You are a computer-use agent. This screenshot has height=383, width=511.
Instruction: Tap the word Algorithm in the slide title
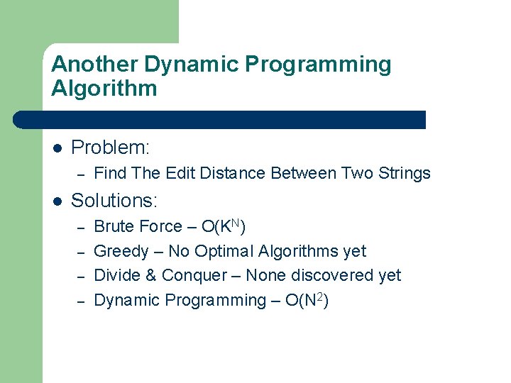coord(104,89)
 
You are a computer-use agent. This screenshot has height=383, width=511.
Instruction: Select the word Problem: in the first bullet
coord(111,148)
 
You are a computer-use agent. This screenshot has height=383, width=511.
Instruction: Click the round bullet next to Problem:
coord(57,148)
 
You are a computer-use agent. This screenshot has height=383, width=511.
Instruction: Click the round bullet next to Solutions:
coord(57,201)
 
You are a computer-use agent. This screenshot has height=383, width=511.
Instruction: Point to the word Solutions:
coord(114,201)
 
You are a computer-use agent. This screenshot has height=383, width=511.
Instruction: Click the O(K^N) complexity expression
coord(224,226)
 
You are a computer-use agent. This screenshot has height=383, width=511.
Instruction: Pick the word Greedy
coord(121,251)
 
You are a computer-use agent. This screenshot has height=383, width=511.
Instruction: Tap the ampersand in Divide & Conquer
coord(150,275)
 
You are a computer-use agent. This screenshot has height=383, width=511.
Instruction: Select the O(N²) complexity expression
coord(305,300)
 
